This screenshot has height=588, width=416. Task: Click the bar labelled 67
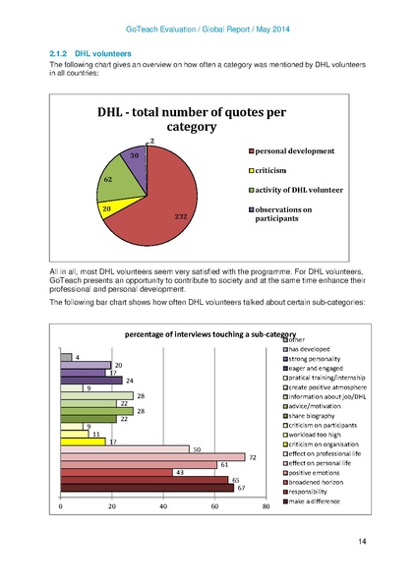pyautogui.click(x=147, y=487)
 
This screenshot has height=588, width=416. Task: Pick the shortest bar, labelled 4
pyautogui.click(x=66, y=357)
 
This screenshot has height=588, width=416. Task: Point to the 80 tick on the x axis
pyautogui.click(x=266, y=506)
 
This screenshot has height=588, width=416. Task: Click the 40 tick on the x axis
pyautogui.click(x=163, y=506)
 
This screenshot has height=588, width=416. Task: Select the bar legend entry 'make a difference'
pyautogui.click(x=316, y=500)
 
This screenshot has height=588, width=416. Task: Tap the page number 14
pyautogui.click(x=362, y=541)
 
